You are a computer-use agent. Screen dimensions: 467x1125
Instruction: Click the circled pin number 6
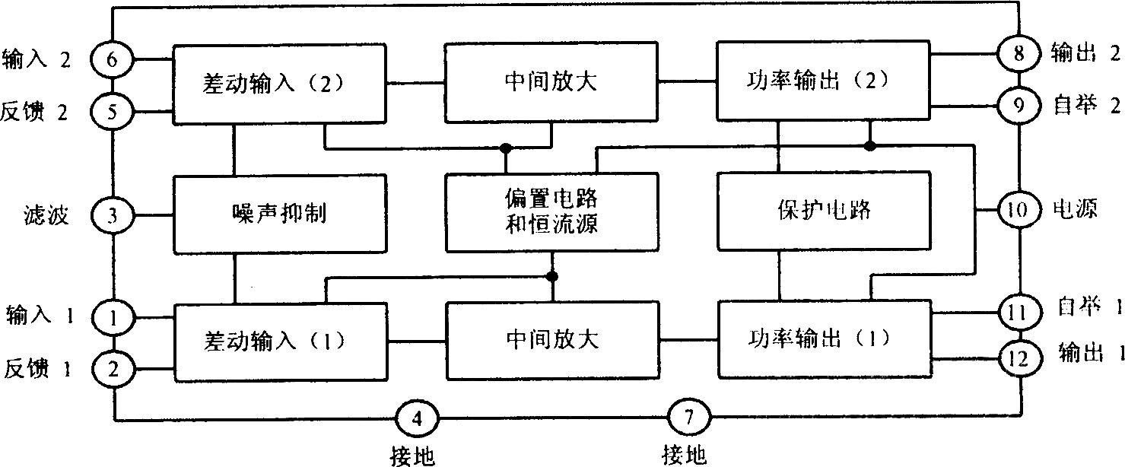tap(112, 59)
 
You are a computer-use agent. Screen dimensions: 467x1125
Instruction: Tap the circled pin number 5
tap(112, 113)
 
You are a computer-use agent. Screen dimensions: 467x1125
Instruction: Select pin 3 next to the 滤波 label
tap(112, 215)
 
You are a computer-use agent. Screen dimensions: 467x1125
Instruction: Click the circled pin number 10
tap(1019, 209)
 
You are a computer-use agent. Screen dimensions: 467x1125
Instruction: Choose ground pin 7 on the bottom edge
tap(689, 418)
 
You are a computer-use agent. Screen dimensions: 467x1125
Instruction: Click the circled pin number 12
tap(1019, 356)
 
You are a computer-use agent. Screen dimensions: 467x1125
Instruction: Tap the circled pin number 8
tap(1019, 54)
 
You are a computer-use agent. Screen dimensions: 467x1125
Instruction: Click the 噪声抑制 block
tap(281, 214)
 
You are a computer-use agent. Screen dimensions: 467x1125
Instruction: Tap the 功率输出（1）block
tap(824, 338)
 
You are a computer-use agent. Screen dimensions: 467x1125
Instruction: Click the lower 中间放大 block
tap(551, 339)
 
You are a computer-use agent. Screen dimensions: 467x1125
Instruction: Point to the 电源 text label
tap(1075, 210)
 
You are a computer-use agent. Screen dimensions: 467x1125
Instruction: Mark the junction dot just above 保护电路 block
tap(870, 145)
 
